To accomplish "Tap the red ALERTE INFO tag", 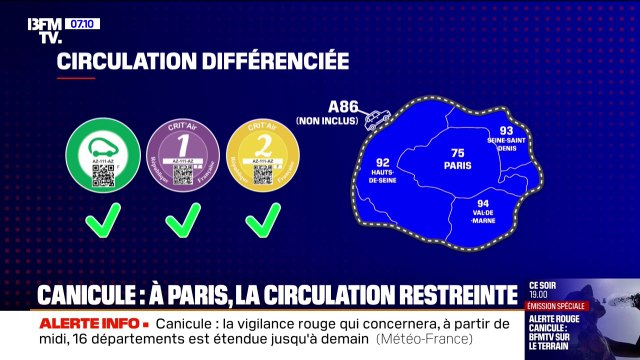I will coord(91,325).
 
